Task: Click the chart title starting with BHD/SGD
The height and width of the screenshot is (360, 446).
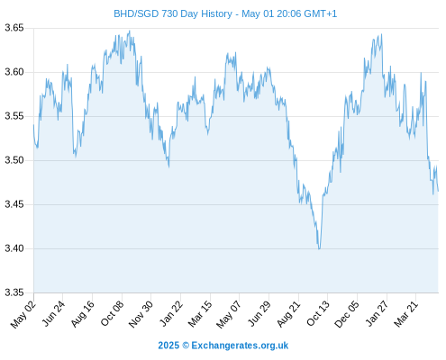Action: point(225,13)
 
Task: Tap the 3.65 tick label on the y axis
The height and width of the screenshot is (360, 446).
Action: point(14,28)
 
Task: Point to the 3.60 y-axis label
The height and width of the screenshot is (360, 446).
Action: point(14,72)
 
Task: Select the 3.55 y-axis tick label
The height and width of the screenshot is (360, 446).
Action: point(14,116)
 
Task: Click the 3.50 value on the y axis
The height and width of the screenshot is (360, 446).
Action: point(14,160)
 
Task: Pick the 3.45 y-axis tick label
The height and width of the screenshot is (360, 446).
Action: point(14,204)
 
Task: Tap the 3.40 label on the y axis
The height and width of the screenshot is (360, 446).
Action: point(14,248)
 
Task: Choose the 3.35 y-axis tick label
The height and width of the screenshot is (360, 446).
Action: point(14,292)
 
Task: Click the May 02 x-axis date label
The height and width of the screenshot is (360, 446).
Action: point(23,314)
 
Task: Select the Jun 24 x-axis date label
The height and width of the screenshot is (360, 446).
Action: point(53,314)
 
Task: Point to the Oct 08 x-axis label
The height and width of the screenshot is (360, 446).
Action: point(112,314)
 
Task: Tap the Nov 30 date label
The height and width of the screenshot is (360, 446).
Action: point(141,314)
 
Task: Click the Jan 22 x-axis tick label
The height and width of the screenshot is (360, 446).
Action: point(171,314)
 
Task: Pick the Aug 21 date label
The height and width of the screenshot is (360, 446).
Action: point(288,314)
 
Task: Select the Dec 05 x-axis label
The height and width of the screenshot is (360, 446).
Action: point(347,314)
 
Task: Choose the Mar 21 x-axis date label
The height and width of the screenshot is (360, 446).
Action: point(406,314)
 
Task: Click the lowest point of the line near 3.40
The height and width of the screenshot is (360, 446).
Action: point(319,249)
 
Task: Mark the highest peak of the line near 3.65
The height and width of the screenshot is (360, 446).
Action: point(130,31)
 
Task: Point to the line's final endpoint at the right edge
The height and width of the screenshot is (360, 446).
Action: point(438,191)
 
